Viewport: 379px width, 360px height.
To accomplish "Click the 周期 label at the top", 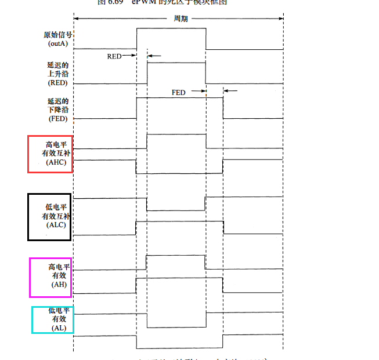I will (181, 18).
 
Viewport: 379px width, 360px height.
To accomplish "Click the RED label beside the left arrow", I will (114, 56).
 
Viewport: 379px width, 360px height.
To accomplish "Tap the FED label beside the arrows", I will (178, 92).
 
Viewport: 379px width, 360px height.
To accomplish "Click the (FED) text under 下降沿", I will (57, 119).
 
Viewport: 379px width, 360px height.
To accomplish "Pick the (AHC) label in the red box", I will (57, 162).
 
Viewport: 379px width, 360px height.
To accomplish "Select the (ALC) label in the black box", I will (57, 224).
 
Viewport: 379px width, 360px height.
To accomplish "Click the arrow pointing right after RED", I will (132, 56).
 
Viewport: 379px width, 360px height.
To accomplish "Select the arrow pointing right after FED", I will (203, 91).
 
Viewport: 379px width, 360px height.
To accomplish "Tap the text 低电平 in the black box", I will (56, 207).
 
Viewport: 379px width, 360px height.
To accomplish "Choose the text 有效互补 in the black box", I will (57, 216).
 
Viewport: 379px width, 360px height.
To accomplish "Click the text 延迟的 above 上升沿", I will (57, 66).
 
